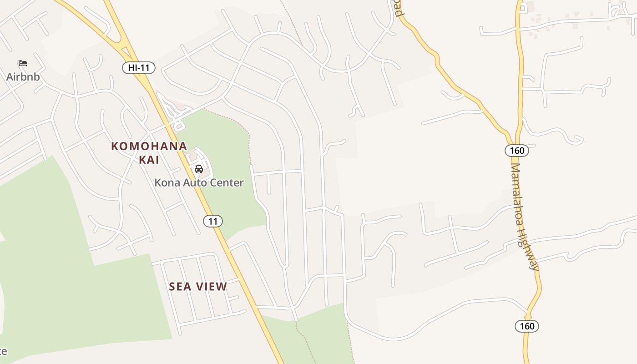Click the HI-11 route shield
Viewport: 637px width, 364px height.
click(x=139, y=68)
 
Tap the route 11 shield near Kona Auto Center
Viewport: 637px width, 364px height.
click(x=212, y=222)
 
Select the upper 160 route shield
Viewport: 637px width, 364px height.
click(x=517, y=151)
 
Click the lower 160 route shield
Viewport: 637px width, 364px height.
click(x=527, y=326)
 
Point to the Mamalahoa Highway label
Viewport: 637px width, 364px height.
click(x=523, y=216)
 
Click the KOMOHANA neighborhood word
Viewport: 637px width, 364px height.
click(x=149, y=147)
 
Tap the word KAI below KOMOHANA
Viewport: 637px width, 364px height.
click(x=149, y=160)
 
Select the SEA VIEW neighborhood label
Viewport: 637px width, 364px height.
click(x=198, y=287)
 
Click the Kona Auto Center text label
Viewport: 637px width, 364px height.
click(x=199, y=183)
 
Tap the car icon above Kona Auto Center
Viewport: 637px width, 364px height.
click(x=199, y=169)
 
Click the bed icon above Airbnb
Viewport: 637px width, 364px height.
click(x=23, y=63)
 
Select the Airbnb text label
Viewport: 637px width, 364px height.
click(x=23, y=76)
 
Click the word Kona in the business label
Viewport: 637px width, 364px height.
click(x=166, y=183)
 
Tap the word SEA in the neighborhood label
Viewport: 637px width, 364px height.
click(x=179, y=287)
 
